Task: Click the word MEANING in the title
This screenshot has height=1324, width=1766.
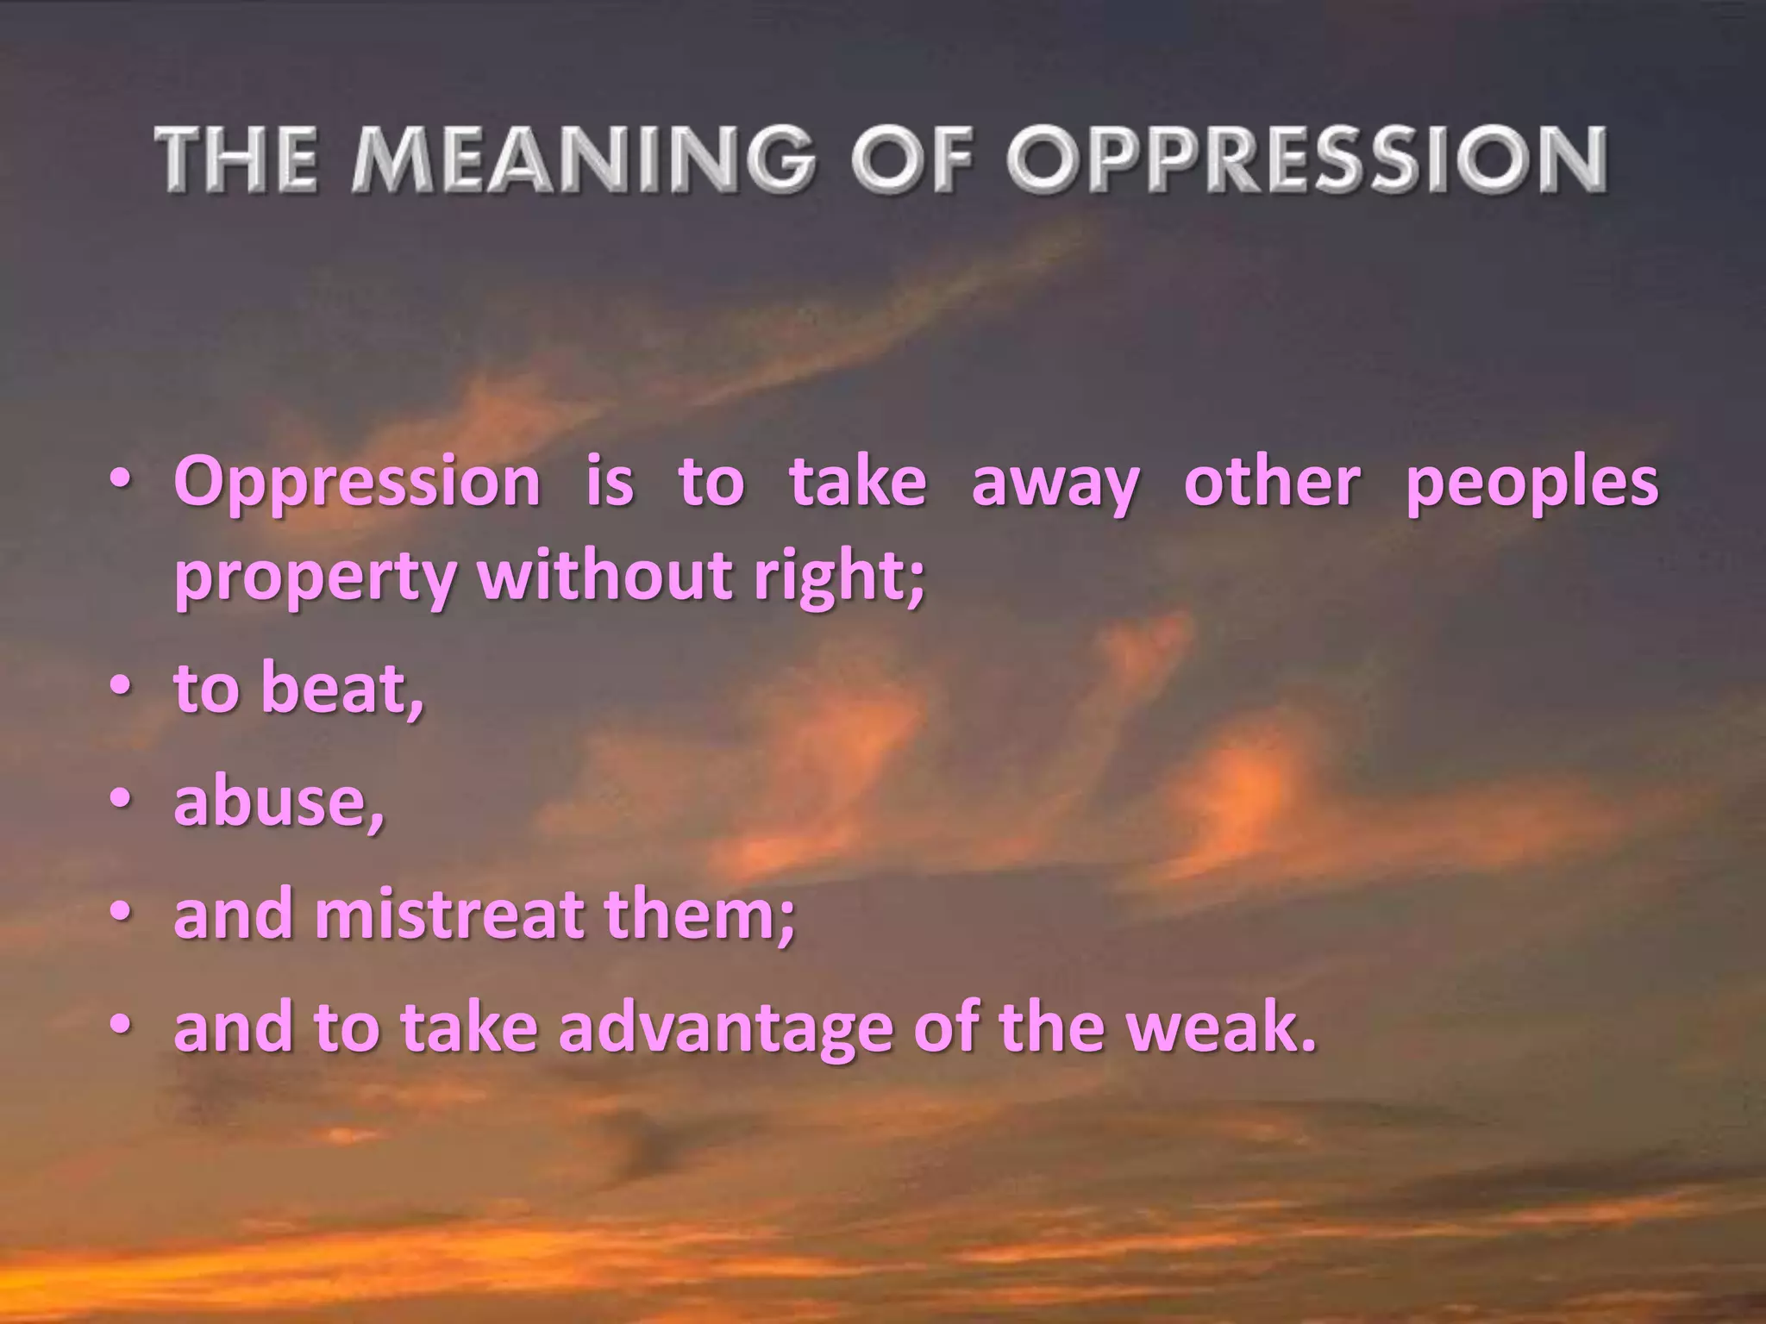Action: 582,159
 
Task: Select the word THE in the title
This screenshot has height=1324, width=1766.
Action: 235,159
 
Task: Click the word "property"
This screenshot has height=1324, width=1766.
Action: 315,578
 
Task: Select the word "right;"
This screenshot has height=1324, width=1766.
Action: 839,578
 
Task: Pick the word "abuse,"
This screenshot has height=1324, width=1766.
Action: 279,802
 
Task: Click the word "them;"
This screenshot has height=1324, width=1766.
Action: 698,915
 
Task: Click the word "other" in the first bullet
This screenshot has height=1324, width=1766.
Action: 1272,481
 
